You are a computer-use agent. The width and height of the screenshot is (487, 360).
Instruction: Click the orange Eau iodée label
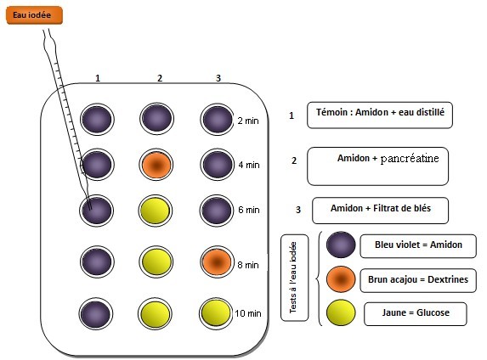pos(35,15)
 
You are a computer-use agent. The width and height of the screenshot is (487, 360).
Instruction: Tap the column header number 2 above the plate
pos(160,78)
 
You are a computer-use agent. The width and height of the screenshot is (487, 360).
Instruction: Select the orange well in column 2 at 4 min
pos(156,165)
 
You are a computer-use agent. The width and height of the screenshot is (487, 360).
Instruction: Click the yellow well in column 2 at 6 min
pos(156,211)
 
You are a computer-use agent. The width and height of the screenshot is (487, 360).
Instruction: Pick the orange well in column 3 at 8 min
pos(217,262)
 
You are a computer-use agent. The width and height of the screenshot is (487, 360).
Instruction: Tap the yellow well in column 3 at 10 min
pos(216,312)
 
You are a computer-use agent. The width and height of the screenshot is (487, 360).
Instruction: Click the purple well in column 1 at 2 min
pos(97,119)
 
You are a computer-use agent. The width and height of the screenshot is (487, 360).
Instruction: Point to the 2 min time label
pos(248,121)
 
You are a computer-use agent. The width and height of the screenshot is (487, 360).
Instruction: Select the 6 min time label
pos(249,210)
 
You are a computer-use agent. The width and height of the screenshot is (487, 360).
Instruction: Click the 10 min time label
pos(248,313)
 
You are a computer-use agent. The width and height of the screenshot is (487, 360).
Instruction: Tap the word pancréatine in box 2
pos(410,159)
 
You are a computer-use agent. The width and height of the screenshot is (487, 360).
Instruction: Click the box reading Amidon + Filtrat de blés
pos(380,211)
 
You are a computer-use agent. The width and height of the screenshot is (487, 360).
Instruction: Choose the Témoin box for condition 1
pos(380,115)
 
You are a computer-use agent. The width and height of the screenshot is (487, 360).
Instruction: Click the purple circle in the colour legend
pos(341,245)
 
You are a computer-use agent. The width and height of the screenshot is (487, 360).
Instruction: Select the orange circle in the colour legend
pos(341,279)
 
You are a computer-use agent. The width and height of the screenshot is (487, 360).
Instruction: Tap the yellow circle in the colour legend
pos(341,312)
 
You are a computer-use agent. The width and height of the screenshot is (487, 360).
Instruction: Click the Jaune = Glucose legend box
pos(416,314)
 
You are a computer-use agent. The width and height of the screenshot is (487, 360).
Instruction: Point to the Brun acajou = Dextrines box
pos(418,280)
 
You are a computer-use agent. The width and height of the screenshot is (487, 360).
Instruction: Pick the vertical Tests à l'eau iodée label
pos(294,278)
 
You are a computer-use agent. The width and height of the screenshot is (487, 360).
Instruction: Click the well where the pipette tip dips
pos(97,211)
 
